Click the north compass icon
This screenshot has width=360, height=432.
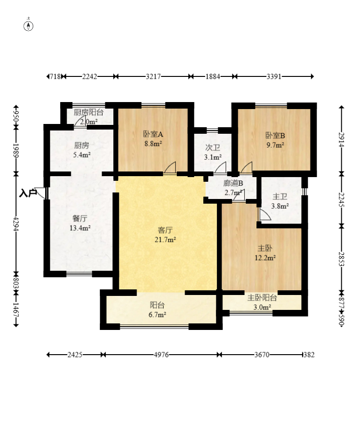click(x=29, y=25)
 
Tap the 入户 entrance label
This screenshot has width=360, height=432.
click(x=28, y=192)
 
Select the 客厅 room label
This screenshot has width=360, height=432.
click(x=166, y=230)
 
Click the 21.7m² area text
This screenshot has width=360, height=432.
click(x=166, y=240)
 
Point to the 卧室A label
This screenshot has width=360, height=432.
click(x=152, y=135)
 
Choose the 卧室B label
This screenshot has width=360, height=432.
click(x=275, y=136)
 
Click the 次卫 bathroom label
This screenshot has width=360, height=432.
click(x=213, y=147)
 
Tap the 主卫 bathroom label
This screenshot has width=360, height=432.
click(x=280, y=197)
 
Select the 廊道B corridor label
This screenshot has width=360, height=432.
click(x=233, y=183)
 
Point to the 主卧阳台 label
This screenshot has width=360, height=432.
click(x=262, y=297)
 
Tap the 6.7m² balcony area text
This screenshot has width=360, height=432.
click(x=158, y=315)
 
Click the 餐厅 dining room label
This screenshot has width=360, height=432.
click(x=80, y=218)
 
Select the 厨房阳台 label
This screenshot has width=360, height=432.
click(x=89, y=112)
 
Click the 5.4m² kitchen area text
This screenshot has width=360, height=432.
click(x=82, y=154)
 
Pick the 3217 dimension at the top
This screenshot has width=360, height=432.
click(x=153, y=76)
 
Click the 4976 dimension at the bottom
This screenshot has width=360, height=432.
click(x=161, y=355)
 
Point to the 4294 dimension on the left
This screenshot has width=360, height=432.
click(x=16, y=223)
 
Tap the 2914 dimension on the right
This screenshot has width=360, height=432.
click(x=342, y=139)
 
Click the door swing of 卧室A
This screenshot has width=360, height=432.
click(x=171, y=168)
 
